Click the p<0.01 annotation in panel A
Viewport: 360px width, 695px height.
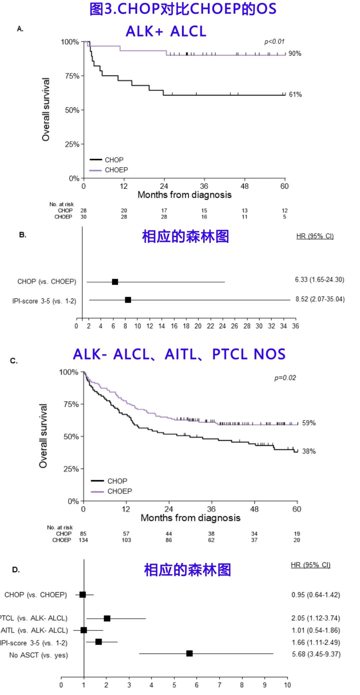[x=274, y=42]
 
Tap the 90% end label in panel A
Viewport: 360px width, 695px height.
[x=295, y=54]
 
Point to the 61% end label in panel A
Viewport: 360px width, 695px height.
[x=295, y=95]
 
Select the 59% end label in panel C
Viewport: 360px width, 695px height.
[x=309, y=423]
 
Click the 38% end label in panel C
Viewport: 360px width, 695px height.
[x=309, y=451]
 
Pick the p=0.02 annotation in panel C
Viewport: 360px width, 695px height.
[x=285, y=378]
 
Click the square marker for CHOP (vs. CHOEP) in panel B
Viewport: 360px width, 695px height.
[x=115, y=282]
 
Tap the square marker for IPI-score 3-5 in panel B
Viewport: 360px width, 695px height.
[x=128, y=300]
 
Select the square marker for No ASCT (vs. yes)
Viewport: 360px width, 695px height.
[x=189, y=653]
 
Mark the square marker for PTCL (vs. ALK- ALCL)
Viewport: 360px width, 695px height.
[x=107, y=618]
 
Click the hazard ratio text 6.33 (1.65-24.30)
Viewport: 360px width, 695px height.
[x=319, y=279]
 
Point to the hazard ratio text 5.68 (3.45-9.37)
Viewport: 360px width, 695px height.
[x=316, y=654]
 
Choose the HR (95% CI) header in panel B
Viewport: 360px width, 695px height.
[x=315, y=236]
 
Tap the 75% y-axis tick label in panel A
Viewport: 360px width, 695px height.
[x=72, y=76]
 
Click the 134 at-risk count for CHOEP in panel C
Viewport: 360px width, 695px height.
[x=83, y=540]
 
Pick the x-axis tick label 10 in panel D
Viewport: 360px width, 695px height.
[x=287, y=685]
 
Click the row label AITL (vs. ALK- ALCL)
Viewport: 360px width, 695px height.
[x=34, y=630]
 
